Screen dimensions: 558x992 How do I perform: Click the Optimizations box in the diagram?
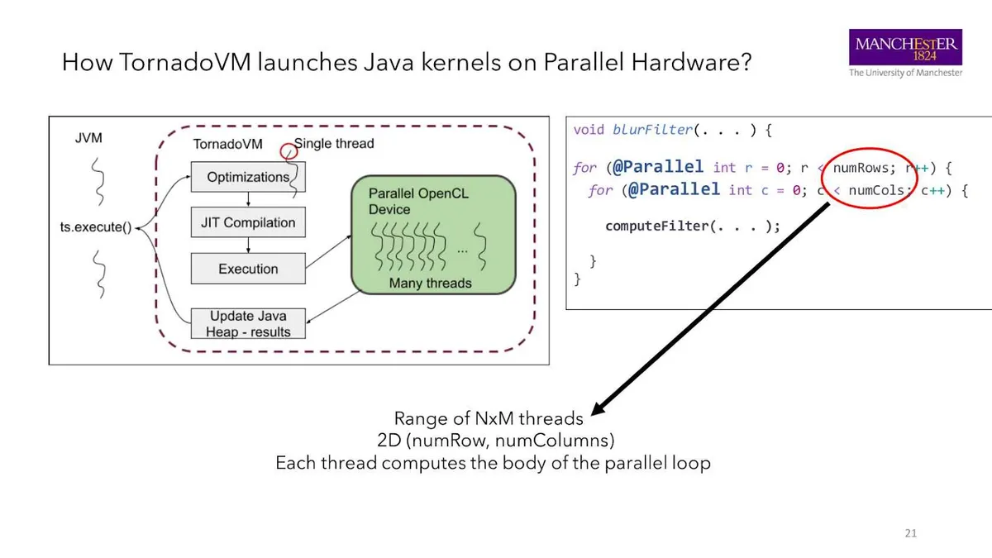(248, 177)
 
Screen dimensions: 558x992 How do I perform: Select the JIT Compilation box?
(248, 222)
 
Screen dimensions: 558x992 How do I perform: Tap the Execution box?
(248, 269)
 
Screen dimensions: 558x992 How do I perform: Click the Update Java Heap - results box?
(248, 323)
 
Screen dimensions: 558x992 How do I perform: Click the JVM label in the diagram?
(88, 138)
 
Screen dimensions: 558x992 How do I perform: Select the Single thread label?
(334, 144)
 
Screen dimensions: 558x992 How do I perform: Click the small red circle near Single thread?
(288, 150)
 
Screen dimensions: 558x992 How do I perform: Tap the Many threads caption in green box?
(430, 284)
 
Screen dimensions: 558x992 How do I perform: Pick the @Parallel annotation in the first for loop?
(658, 167)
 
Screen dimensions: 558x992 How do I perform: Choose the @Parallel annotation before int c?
(674, 189)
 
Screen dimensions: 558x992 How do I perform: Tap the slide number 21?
(910, 533)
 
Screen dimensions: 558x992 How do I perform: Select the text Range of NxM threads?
(488, 418)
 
